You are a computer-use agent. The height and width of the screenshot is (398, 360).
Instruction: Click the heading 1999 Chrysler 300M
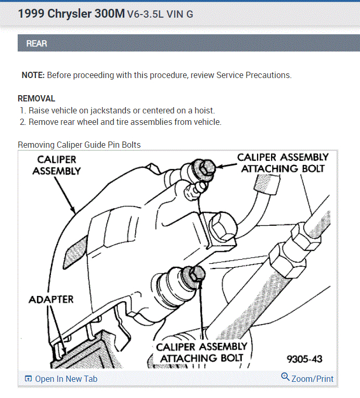click(71, 14)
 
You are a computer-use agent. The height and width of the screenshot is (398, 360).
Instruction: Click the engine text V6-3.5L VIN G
click(160, 15)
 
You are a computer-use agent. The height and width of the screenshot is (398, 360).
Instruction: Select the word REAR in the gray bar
click(36, 44)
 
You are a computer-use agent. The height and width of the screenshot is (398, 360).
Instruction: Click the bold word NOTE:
click(33, 75)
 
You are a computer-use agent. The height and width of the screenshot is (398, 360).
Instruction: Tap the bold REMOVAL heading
click(36, 98)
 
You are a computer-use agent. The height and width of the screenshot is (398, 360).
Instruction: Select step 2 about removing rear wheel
click(125, 122)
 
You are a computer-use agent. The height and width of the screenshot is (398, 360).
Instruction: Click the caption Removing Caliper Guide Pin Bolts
click(79, 145)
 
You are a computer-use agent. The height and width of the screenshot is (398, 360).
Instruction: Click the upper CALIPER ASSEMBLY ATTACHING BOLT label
click(283, 162)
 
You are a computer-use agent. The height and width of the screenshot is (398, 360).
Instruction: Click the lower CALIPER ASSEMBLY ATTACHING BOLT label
click(202, 352)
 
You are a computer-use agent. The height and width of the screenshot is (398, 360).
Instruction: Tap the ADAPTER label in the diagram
click(51, 299)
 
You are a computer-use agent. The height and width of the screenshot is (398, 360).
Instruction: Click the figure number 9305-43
click(304, 359)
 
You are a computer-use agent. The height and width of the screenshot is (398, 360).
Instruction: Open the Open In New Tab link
click(66, 379)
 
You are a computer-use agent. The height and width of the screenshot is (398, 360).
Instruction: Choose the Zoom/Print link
click(312, 379)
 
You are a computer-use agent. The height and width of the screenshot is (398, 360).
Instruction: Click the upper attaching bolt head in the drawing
click(207, 167)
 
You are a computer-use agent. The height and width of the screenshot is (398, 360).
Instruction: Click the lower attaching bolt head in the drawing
click(197, 274)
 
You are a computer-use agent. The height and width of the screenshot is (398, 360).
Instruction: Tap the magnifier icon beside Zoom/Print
click(285, 377)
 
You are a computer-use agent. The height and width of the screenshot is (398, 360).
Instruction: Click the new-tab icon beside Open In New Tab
click(28, 379)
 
